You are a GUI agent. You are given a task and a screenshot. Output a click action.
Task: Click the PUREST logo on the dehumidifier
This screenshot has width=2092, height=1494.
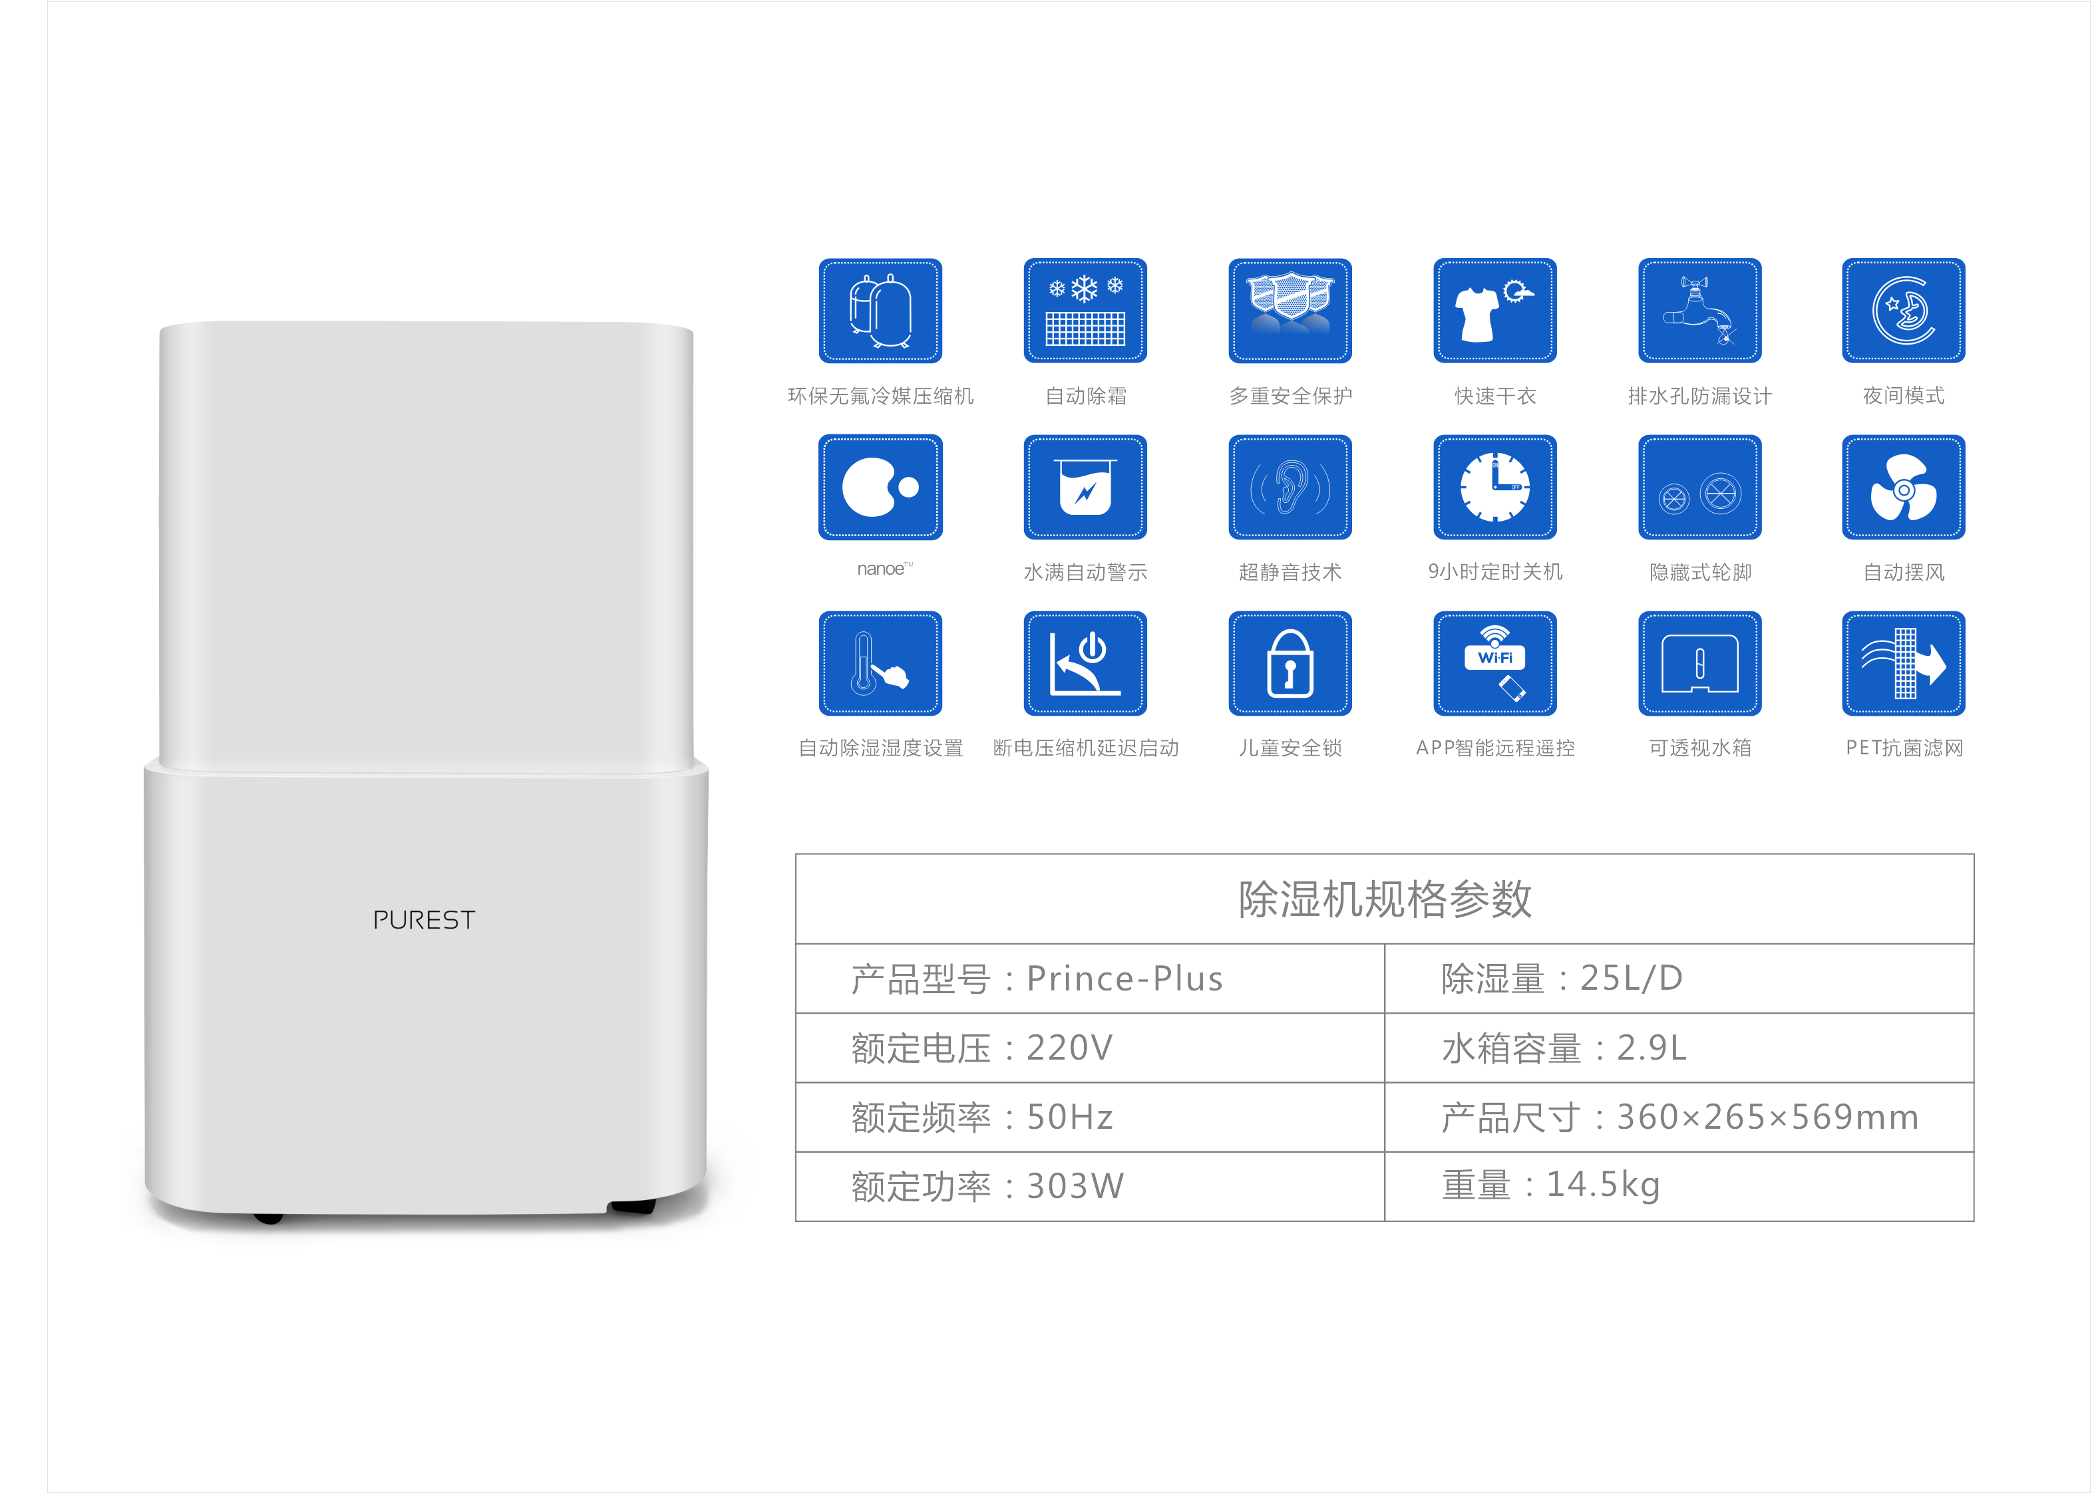(424, 920)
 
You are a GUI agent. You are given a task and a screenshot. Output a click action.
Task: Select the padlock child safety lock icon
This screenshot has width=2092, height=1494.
(1290, 663)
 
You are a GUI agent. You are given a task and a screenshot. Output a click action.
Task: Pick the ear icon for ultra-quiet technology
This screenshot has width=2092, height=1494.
(1290, 488)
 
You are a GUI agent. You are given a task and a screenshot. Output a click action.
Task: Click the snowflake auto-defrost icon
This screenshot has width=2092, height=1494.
(1085, 311)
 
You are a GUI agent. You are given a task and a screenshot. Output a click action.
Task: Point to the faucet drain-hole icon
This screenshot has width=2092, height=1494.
(1699, 311)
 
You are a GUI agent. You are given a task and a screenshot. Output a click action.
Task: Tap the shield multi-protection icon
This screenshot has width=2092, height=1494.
(1290, 311)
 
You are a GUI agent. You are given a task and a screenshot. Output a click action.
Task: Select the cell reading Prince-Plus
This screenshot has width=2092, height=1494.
(1090, 979)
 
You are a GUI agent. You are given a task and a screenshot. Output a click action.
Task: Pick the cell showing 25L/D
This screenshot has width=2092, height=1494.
(1678, 979)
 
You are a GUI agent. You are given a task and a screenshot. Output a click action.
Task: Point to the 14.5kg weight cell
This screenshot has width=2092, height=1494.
(1678, 1186)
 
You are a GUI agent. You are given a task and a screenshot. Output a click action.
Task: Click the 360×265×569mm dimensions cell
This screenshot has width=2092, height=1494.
(1678, 1117)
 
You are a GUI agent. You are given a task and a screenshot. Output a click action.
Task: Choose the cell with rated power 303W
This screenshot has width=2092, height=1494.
(1090, 1186)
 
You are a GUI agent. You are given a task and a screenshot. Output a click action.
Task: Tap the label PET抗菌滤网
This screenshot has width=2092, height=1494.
(1904, 748)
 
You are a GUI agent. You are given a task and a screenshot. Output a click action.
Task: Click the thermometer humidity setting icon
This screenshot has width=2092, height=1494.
(880, 663)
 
